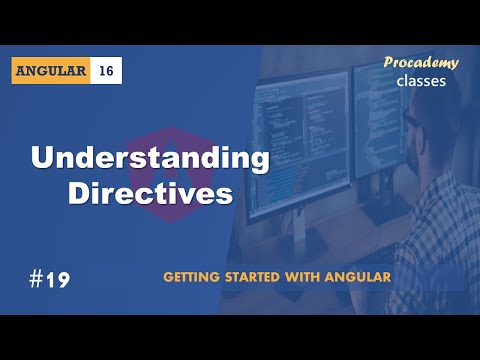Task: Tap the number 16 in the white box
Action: pyautogui.click(x=107, y=71)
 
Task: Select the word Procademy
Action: pyautogui.click(x=421, y=63)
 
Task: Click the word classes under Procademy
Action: pyautogui.click(x=421, y=81)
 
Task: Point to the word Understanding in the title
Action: pyautogui.click(x=150, y=159)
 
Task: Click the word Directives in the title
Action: pyautogui.click(x=150, y=193)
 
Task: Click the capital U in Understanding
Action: pyautogui.click(x=43, y=159)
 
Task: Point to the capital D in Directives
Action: pyautogui.click(x=79, y=193)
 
